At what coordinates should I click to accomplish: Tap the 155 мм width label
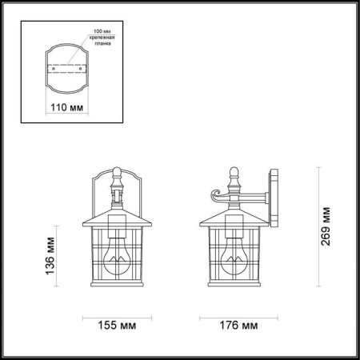116,327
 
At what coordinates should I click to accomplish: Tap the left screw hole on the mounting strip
53,69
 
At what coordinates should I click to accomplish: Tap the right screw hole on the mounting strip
79,69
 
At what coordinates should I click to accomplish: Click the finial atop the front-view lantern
116,171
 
